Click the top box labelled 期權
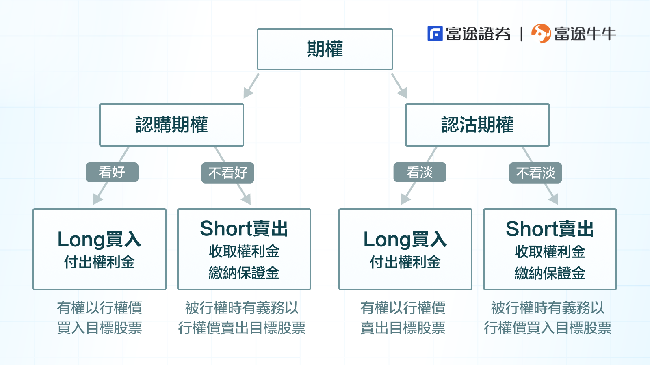[325, 49]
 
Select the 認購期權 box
[171, 125]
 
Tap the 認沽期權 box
[477, 125]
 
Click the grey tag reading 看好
[112, 173]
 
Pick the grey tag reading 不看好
[227, 173]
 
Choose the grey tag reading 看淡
[420, 173]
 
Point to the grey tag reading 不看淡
[535, 173]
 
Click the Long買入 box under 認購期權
[100, 249]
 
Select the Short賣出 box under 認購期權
[244, 249]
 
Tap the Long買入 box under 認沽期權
[405, 249]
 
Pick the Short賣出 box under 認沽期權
[550, 249]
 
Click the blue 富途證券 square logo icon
[435, 34]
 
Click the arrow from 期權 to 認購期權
[251, 86]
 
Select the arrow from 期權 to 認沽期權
[399, 86]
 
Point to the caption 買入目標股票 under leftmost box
[100, 328]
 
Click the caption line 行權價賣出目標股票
[242, 328]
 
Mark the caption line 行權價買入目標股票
[548, 328]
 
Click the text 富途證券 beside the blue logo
[478, 34]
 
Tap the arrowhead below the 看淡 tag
[405, 199]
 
